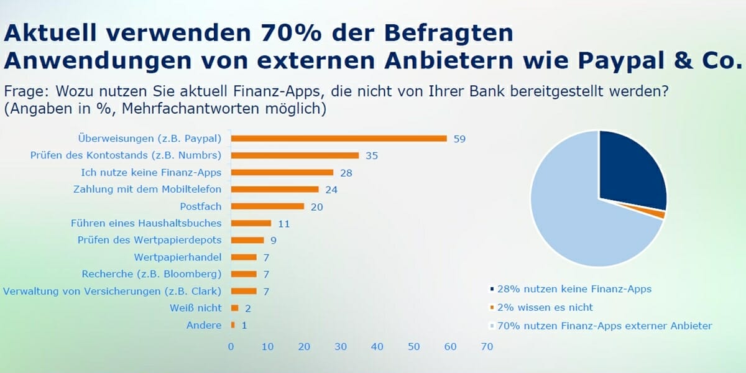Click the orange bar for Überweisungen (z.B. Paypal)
click(339, 139)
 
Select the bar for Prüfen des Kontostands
click(295, 155)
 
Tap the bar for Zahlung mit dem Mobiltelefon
click(275, 189)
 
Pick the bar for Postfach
click(267, 206)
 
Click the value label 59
click(459, 139)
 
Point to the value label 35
click(372, 155)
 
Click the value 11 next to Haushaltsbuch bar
click(283, 223)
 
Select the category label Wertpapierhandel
click(178, 257)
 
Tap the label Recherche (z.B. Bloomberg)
click(152, 274)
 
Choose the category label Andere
click(204, 325)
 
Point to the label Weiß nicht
click(195, 308)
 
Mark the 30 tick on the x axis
click(341, 346)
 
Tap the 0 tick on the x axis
click(231, 346)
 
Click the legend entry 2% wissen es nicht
click(545, 307)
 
